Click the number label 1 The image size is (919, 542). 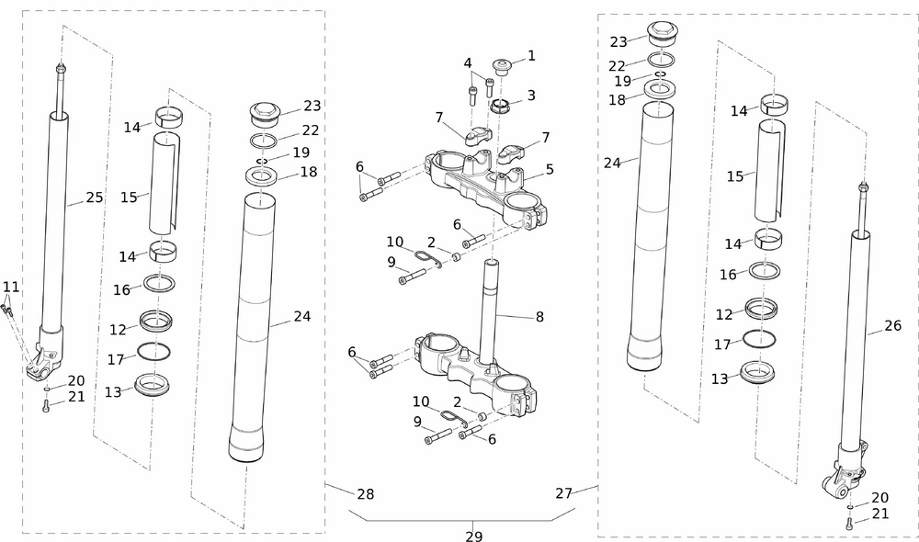pyautogui.click(x=531, y=57)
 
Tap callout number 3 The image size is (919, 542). pyautogui.click(x=531, y=96)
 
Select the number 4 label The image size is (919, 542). pyautogui.click(x=468, y=63)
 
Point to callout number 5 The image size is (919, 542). pyautogui.click(x=550, y=169)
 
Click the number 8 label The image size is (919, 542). pyautogui.click(x=539, y=317)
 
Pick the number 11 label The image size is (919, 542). pyautogui.click(x=10, y=287)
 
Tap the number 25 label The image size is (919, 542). pyautogui.click(x=94, y=197)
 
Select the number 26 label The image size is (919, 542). pyautogui.click(x=892, y=325)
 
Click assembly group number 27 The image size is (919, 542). pyautogui.click(x=564, y=493)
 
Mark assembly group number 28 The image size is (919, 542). pyautogui.click(x=365, y=494)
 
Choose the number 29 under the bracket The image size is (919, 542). pyautogui.click(x=473, y=536)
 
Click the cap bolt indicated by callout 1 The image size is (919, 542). pyautogui.click(x=503, y=66)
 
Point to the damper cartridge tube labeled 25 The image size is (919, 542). pyautogui.click(x=55, y=220)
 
